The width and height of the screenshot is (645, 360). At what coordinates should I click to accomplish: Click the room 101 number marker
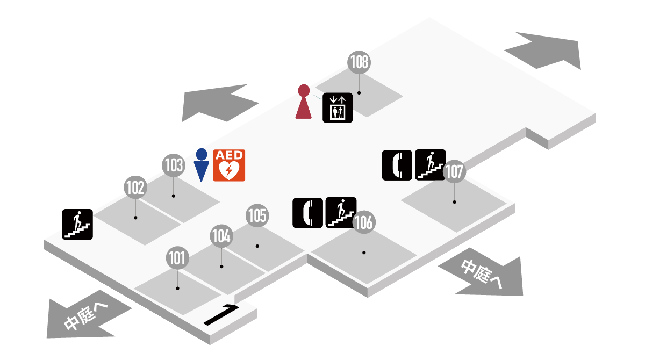[177, 258]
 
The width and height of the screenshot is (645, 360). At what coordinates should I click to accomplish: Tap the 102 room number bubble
[135, 188]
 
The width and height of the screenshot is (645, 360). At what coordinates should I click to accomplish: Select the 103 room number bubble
[174, 165]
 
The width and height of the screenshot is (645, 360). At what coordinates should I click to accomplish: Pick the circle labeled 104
[221, 236]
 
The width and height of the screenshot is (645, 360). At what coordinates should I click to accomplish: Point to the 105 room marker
[257, 215]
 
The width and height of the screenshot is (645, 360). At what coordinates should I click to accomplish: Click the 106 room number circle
[364, 222]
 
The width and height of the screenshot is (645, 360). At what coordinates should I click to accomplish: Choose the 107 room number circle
[454, 172]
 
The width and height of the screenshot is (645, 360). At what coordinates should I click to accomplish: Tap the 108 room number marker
[359, 62]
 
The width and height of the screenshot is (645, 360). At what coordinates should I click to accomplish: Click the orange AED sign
[230, 165]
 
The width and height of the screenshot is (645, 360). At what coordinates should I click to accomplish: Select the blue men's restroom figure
[201, 165]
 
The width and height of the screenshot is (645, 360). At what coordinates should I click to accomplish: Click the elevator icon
[338, 107]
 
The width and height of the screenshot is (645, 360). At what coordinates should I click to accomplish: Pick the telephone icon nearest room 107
[397, 164]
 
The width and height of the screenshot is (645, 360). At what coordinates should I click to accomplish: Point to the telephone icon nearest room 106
[307, 213]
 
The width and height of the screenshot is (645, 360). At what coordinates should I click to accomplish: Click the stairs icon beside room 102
[78, 224]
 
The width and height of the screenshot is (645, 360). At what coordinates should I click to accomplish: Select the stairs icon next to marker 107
[431, 164]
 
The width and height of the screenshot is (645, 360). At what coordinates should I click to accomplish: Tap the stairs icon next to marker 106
[341, 213]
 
